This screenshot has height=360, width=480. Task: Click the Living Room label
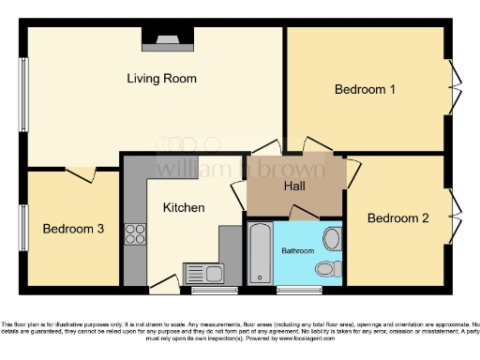coord(161,79)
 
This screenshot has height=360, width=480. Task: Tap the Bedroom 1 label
coord(365,90)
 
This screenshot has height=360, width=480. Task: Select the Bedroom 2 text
coord(397,218)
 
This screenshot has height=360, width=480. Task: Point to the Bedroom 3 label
coord(73,229)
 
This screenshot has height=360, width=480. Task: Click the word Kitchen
coord(184,207)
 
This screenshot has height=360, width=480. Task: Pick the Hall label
coord(294,186)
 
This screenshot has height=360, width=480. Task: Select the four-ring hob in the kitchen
coord(136,233)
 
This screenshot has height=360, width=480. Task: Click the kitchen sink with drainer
coord(203,274)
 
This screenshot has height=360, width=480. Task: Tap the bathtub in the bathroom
coord(260,254)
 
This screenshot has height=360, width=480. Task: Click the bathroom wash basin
coord(332,238)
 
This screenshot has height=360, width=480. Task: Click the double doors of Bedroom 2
coord(455,217)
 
